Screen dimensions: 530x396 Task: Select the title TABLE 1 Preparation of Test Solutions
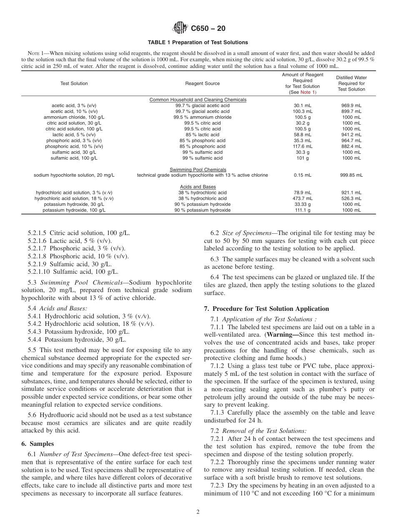pos(198,42)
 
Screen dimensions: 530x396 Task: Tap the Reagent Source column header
pos(202,83)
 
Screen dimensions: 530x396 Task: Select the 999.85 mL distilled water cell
pos(351,175)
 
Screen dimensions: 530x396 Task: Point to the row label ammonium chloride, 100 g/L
pos(74,117)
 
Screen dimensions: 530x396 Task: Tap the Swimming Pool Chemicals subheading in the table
pos(198,170)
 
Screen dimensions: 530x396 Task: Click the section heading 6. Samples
pos(38,444)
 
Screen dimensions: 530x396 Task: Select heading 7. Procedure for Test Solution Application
pos(266,309)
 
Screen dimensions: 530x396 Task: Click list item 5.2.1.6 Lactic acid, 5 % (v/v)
pos(70,241)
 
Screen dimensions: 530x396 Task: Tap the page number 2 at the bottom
pos(198,512)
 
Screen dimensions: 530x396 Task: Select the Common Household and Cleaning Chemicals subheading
pos(198,100)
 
